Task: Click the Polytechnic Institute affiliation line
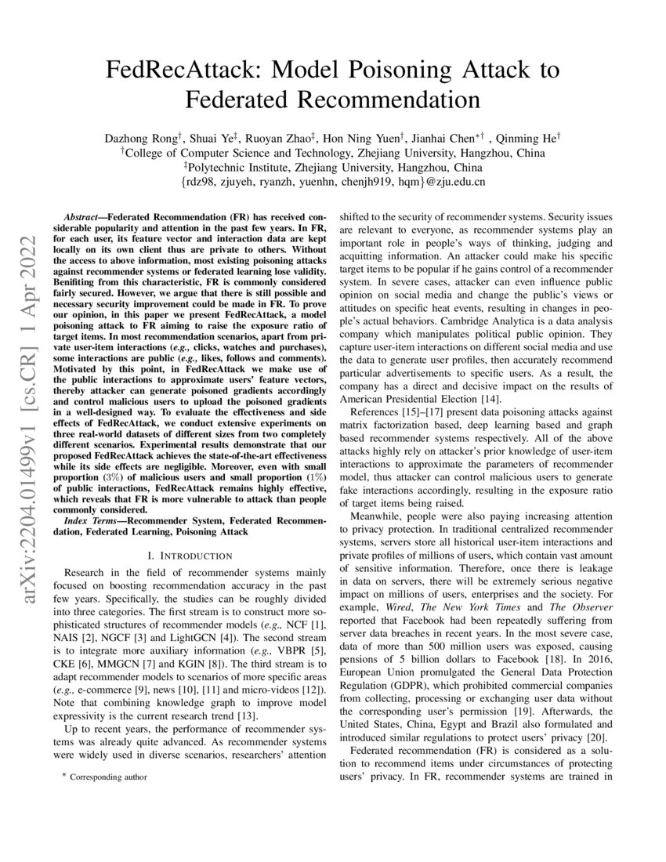pos(333,167)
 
